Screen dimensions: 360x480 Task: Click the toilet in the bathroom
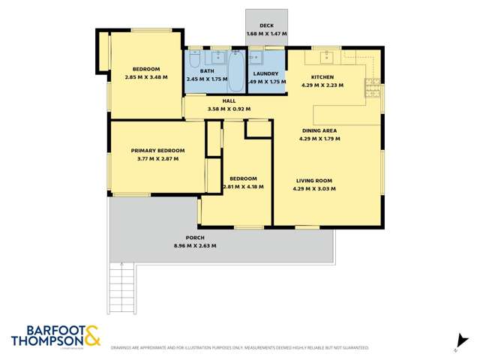pos(194,58)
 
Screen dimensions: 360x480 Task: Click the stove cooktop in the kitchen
pos(373,90)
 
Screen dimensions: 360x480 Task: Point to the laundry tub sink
pos(256,57)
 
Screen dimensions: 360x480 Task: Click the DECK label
pos(267,25)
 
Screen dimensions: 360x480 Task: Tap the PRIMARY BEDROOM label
pos(156,150)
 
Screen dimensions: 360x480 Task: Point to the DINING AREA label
pos(319,131)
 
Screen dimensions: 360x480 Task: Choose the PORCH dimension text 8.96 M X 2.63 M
pos(195,246)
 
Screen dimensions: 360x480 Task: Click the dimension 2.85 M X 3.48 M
pos(145,76)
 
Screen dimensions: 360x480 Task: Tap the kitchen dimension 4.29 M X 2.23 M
pos(322,85)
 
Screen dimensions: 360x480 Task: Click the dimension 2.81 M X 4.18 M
pos(243,187)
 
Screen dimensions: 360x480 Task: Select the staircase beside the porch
pos(121,289)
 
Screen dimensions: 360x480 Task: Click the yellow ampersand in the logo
pos(91,335)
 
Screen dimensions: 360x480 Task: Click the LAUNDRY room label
pos(266,73)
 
